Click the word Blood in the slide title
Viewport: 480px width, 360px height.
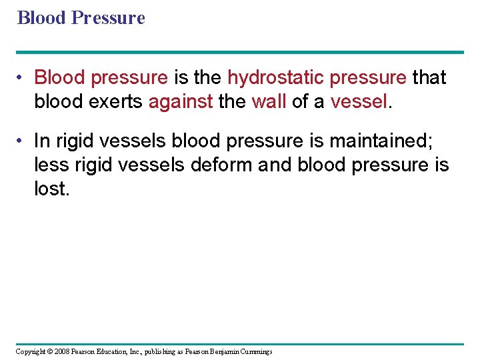41,17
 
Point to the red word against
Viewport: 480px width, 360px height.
181,102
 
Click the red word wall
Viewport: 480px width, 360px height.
269,102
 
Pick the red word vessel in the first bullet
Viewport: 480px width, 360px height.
358,102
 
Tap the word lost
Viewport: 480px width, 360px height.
51,189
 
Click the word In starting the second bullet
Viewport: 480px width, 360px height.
41,141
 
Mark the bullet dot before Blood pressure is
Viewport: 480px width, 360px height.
22,78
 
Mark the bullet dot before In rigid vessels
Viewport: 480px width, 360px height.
22,141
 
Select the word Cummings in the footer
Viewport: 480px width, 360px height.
254,351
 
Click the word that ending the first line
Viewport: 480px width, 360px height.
429,78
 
